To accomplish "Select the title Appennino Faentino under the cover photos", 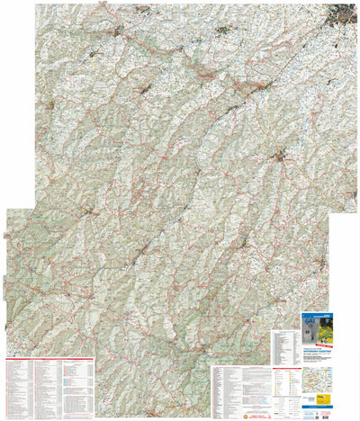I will (x=318, y=352).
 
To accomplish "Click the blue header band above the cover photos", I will (x=318, y=316).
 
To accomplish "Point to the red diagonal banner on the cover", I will (x=327, y=345).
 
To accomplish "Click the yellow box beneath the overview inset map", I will (x=323, y=399).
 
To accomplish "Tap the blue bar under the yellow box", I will (x=318, y=407).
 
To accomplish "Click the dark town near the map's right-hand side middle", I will (x=286, y=160).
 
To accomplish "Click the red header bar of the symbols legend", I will (x=287, y=369).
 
